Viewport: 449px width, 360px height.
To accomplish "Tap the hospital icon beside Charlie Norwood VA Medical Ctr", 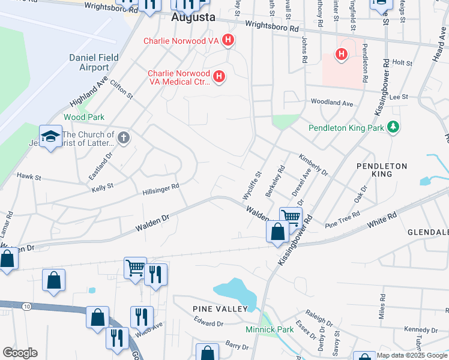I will [x=220, y=77].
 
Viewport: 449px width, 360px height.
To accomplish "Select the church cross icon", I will [x=124, y=139].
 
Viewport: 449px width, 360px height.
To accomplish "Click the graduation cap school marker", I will [x=51, y=137].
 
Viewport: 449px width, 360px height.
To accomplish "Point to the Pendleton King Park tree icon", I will [x=393, y=127].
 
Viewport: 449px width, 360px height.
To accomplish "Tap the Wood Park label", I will [x=84, y=117].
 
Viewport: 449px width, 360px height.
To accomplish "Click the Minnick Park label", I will [x=270, y=329].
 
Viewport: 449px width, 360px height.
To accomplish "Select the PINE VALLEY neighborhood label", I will [x=220, y=308].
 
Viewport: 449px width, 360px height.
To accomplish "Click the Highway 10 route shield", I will [x=28, y=307].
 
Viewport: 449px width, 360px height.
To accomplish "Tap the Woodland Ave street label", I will [x=331, y=103].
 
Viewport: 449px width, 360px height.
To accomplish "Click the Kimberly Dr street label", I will [x=313, y=164].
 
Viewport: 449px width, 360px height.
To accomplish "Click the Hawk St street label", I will [x=29, y=178].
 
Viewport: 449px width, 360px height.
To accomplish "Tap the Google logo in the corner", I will [x=20, y=353].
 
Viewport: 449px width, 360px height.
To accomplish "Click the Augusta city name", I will [x=193, y=17].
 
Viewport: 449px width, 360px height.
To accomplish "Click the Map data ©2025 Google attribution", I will [x=412, y=355].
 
